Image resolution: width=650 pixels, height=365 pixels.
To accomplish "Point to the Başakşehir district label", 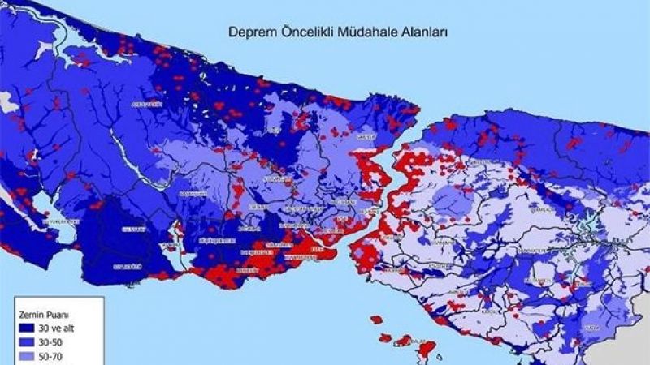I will pyautogui.click(x=193, y=194).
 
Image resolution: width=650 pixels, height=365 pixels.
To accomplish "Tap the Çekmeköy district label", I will pyautogui.click(x=539, y=208).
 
